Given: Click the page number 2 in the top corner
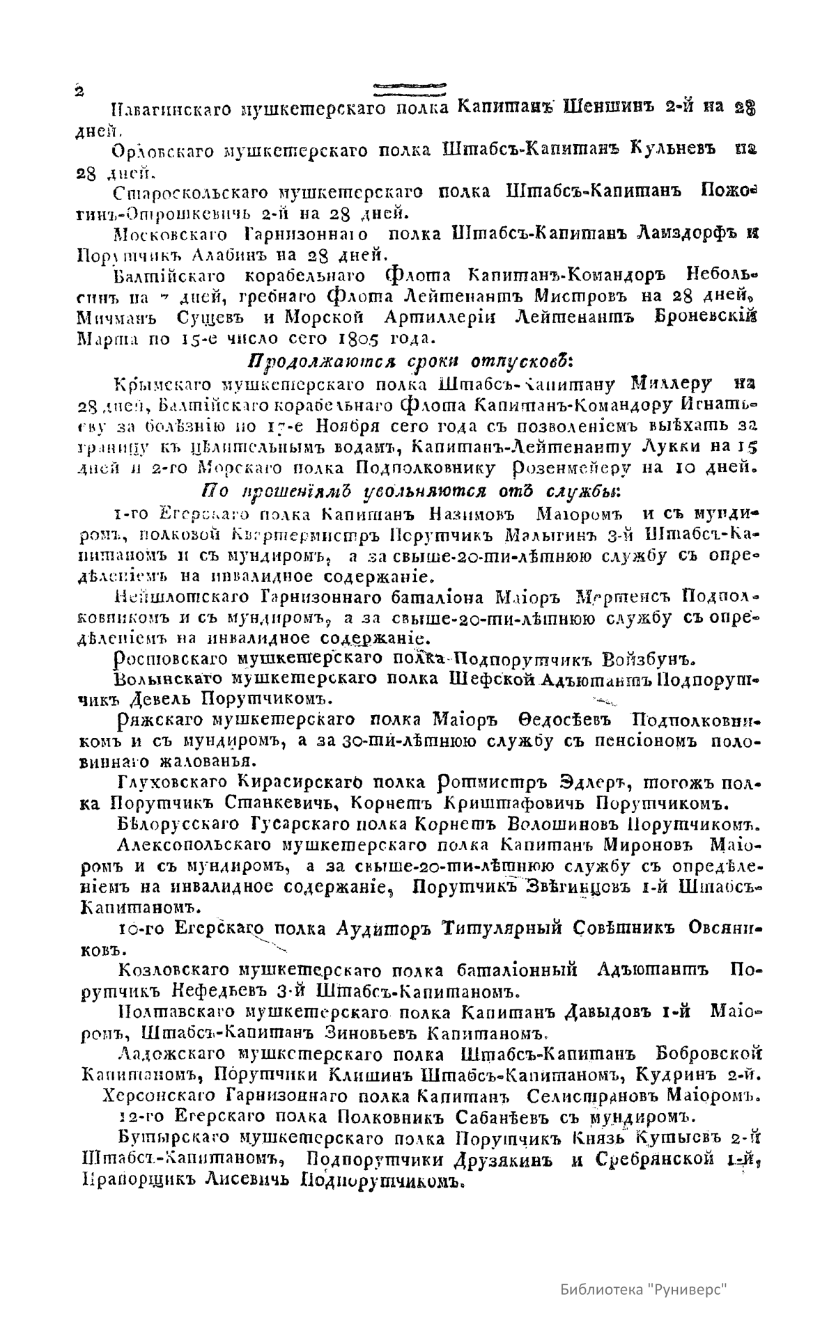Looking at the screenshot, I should [79, 91].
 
